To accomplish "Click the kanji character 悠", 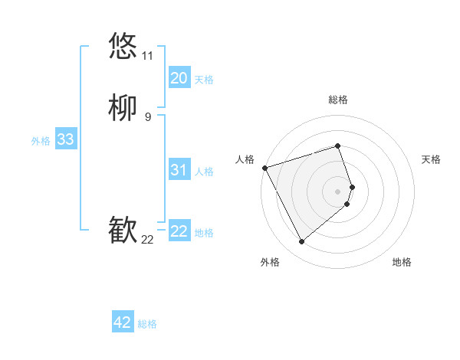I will [x=123, y=46].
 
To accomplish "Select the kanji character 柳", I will [x=123, y=108].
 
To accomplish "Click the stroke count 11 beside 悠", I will [x=147, y=56].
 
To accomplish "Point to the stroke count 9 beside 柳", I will [x=147, y=117].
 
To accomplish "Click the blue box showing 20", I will [x=179, y=78].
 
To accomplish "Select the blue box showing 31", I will [x=179, y=170].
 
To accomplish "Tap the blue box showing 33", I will [x=65, y=139].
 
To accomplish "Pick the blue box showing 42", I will [x=123, y=322].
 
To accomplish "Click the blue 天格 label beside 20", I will [x=204, y=80].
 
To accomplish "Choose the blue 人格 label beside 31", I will [x=204, y=172].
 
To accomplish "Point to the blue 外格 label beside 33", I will [x=41, y=141].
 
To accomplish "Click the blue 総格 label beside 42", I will [x=147, y=324].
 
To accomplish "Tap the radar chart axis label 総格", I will [x=338, y=100].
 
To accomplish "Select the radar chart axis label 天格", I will [x=431, y=159].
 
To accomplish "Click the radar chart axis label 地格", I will [x=402, y=262].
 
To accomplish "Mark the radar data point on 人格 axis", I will [x=264, y=167].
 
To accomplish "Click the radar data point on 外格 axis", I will [x=301, y=242].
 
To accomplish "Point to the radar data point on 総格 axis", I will [x=338, y=146].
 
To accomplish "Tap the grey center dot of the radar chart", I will [x=338, y=190].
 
